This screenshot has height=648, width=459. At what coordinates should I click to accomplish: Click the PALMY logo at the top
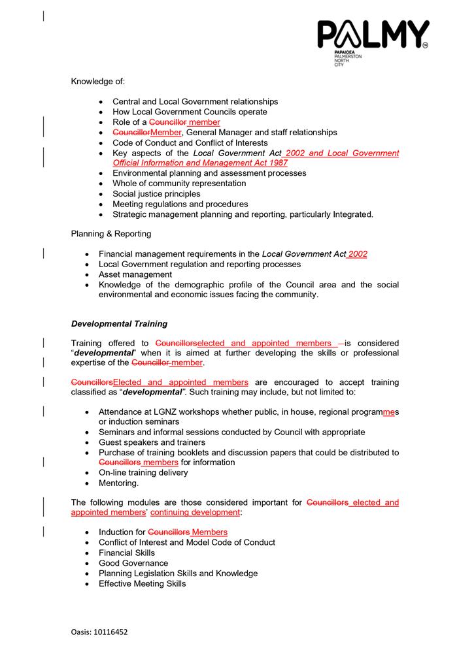coord(373,37)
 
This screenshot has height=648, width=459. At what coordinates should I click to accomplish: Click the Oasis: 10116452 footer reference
coord(99,632)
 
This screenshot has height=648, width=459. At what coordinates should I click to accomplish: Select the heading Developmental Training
coord(119,323)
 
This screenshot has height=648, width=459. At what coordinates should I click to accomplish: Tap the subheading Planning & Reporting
coord(110,233)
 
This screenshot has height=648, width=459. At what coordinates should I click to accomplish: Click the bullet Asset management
coord(135,274)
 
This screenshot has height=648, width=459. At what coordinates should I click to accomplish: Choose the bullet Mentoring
coord(118,483)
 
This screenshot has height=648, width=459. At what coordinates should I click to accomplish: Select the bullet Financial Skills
coord(127,553)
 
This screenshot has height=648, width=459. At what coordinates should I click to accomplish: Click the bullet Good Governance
coord(133,563)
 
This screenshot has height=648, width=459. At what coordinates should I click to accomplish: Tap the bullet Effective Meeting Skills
coord(142,583)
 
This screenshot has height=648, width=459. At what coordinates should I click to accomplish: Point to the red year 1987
coord(277,163)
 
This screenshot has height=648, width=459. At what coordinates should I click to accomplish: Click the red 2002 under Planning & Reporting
coord(357,254)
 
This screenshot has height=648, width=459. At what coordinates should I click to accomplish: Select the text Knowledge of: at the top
coord(97,81)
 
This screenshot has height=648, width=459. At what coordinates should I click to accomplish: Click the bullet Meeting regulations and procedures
coord(180,204)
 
